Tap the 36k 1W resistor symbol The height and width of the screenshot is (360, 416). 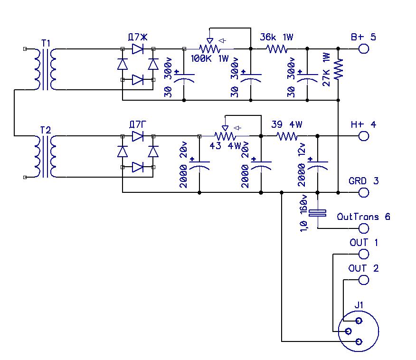click(x=276, y=48)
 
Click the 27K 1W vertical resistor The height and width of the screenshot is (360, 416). click(x=338, y=69)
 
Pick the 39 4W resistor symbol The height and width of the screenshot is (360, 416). click(x=287, y=136)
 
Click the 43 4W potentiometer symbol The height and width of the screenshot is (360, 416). click(x=225, y=136)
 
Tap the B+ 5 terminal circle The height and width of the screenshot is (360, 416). click(x=364, y=48)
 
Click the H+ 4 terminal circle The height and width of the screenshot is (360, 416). click(x=364, y=136)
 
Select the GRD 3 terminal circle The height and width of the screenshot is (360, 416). click(x=364, y=192)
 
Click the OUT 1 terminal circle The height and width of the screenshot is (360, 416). click(x=364, y=254)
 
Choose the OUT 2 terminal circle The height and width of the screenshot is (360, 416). click(x=364, y=279)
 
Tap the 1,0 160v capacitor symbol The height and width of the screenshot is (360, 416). click(x=317, y=213)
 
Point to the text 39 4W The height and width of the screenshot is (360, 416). click(x=286, y=124)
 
